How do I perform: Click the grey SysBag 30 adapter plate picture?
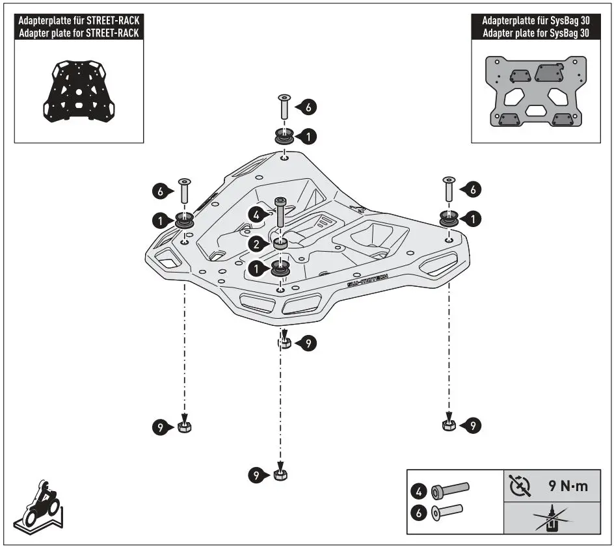point(534,91)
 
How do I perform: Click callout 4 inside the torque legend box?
point(420,488)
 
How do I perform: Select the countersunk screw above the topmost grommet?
point(284,107)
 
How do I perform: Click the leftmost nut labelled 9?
point(184,427)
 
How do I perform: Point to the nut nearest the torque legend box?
point(447,425)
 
